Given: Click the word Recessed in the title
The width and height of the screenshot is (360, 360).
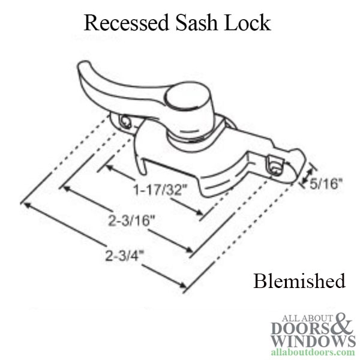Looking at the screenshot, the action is pyautogui.click(x=127, y=23).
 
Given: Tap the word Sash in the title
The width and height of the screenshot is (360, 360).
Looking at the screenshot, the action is pyautogui.click(x=197, y=23).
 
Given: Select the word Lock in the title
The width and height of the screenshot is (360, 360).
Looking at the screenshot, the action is pyautogui.click(x=247, y=23).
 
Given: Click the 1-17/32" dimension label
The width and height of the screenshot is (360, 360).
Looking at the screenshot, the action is pyautogui.click(x=161, y=190).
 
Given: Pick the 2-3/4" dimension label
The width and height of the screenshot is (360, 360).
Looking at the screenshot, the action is pyautogui.click(x=125, y=256).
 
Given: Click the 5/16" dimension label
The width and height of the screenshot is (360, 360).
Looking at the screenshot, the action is pyautogui.click(x=326, y=184).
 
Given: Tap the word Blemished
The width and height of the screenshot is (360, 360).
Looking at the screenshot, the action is pyautogui.click(x=299, y=281).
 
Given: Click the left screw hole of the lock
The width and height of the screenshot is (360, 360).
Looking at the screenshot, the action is pyautogui.click(x=125, y=122).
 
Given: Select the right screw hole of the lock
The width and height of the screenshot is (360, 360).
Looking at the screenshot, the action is pyautogui.click(x=275, y=166).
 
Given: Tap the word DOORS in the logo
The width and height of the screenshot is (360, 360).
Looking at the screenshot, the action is pyautogui.click(x=301, y=328).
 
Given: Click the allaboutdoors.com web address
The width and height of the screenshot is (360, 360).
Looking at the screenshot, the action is pyautogui.click(x=313, y=352).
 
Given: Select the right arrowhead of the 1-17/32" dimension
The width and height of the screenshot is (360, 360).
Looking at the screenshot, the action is pyautogui.click(x=199, y=212).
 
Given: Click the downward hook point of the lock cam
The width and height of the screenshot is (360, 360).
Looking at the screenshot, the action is pyautogui.click(x=143, y=173).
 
